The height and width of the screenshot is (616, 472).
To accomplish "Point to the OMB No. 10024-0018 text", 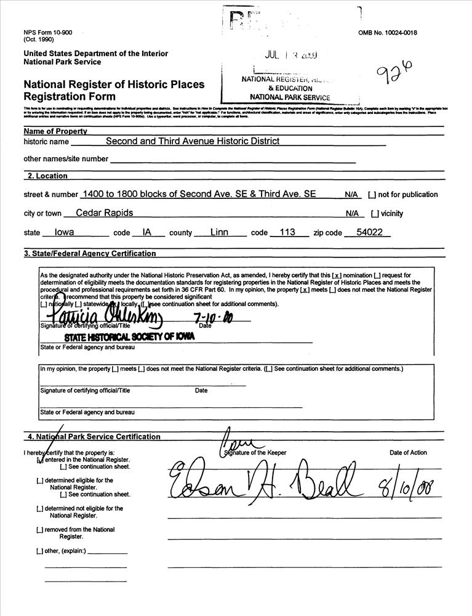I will coord(387,33).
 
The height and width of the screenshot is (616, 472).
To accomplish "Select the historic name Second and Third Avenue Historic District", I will coord(192,141).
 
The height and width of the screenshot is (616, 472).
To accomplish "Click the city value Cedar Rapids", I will coord(104,213).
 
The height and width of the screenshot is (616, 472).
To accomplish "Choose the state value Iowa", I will coord(64,233).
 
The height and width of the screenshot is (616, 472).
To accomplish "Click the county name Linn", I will coord(219,233).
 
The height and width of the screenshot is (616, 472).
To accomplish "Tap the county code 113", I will coord(287,233).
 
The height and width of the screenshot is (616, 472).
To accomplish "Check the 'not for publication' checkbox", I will coord(372,195).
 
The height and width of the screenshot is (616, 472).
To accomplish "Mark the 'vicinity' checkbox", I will coord(374,214).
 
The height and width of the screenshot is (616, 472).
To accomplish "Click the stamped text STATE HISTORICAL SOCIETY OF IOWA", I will coord(129,336).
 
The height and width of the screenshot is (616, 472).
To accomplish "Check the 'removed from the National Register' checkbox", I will coord(39,530).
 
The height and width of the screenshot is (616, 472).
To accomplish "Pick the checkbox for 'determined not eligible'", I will coord(39,509).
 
